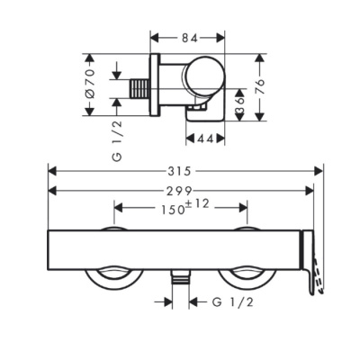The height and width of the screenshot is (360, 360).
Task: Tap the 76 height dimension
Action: click(x=260, y=88)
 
